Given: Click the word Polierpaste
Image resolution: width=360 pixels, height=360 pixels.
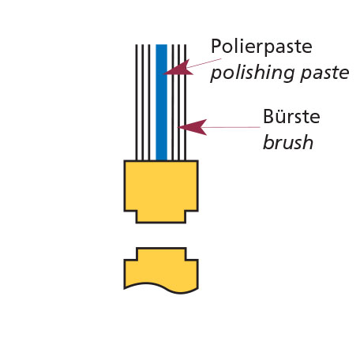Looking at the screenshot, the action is coord(261,47).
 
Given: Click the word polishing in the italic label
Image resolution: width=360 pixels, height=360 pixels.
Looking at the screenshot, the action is coord(253,73).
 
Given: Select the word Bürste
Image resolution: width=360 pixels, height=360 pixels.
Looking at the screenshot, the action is coord(291,116).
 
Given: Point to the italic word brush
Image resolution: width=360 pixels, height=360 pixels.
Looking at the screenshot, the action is coord(288,142).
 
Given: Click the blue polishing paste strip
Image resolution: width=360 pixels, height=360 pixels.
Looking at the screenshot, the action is coord(161,103).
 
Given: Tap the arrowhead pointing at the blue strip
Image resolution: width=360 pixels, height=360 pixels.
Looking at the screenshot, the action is coord(178,68).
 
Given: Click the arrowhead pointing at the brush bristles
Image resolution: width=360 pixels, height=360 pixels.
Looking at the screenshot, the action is coord(193,127).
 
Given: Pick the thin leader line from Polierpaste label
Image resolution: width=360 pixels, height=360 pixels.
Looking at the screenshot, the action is coord(204,63).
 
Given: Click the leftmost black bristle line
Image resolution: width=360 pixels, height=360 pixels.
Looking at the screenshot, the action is coord(137,103).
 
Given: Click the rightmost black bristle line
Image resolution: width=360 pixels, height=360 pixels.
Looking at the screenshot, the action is coord(186,103).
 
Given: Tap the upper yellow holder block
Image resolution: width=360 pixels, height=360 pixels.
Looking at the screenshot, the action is coord(161,186).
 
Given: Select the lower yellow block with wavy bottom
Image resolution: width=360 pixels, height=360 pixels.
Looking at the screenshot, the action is coord(161,271).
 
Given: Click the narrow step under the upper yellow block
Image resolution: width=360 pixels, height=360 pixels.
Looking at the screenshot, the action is coord(161,217).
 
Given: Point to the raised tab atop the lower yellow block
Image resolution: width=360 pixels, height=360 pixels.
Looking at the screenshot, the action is coord(161,253).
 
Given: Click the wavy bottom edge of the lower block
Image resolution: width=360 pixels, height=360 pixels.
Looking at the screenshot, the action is coord(161,287).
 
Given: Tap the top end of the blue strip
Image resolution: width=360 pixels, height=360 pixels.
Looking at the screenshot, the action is coord(161,45).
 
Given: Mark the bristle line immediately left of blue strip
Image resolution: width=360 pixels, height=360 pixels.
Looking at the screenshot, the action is coord(149,103).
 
